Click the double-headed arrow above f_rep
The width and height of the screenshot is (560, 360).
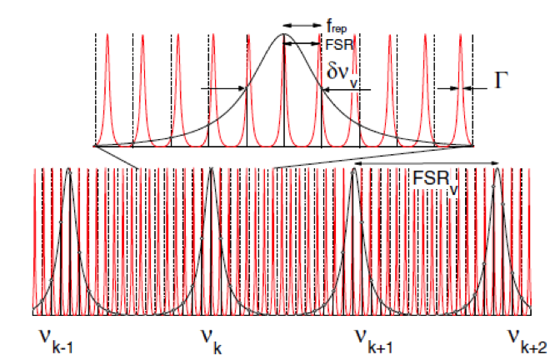coord(302,26)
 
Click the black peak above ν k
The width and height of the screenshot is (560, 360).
coord(212,170)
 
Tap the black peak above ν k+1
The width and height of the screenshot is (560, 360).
coord(355,170)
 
